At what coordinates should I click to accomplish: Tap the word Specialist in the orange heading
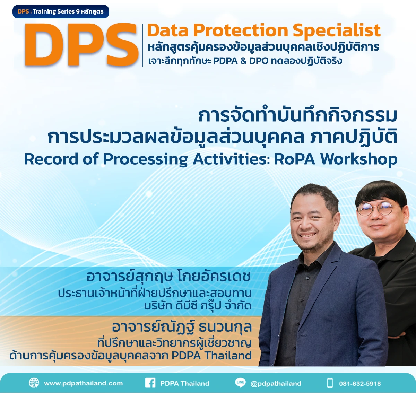point(337,30)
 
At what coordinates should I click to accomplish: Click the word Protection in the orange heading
point(241,30)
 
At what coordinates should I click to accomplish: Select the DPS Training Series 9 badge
point(61,11)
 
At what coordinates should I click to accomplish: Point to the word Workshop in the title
point(358,159)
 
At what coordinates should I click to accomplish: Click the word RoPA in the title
point(294,159)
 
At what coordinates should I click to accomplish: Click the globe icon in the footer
point(34,383)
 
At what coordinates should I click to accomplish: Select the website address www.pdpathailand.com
point(83,383)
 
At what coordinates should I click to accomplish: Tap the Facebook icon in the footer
point(150,383)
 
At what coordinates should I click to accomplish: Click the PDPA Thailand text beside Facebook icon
point(184,383)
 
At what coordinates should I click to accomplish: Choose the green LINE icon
point(240,383)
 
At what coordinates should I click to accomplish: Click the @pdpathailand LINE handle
point(276,383)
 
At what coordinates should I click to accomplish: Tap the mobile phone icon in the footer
point(330,383)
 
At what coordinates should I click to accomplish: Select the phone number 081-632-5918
point(359,384)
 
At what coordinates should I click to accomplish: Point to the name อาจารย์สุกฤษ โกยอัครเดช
point(168,277)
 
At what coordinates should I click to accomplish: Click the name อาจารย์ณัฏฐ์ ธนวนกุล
point(182,327)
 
